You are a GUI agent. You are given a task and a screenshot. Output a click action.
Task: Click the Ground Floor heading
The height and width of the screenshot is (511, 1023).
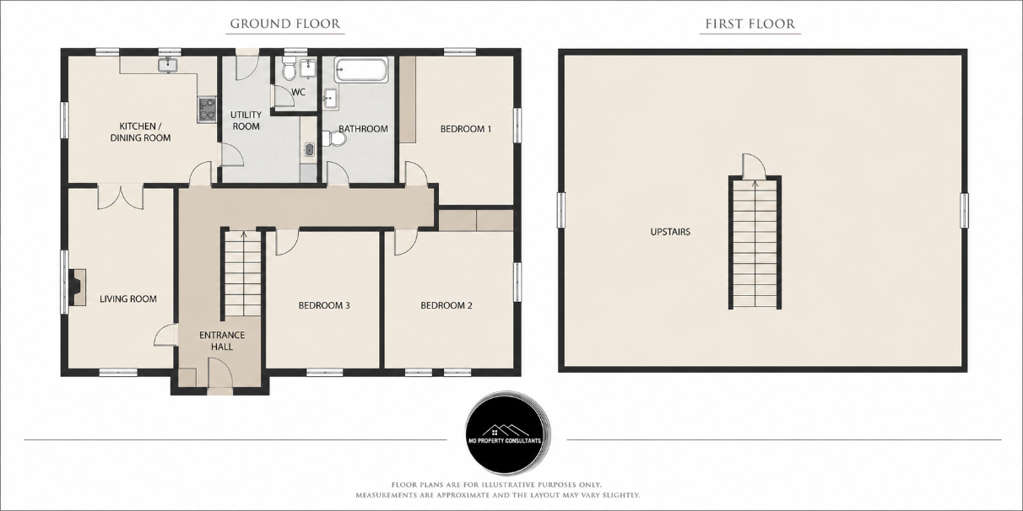coord(285,24)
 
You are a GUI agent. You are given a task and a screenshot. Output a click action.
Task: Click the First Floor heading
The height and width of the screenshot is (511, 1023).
coord(750,24)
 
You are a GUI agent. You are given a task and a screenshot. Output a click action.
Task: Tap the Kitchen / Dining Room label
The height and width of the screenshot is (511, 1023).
coord(140,132)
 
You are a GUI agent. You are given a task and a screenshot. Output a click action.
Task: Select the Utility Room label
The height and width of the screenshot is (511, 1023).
coord(246,121)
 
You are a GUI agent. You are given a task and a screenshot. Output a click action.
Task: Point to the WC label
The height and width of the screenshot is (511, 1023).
coord(298,92)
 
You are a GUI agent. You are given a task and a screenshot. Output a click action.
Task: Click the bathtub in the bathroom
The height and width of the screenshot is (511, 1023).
coord(360,69)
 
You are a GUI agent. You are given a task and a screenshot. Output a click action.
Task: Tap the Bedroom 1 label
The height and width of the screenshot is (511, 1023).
coord(465,129)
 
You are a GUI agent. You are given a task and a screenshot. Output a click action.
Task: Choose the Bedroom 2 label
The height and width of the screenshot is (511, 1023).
coord(447,305)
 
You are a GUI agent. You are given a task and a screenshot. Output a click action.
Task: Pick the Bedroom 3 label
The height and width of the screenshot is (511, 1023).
coord(324,305)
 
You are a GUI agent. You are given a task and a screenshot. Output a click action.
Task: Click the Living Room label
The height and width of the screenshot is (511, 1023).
coord(128,299)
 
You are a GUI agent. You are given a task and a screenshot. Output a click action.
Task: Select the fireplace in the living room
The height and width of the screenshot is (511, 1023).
coord(77,287)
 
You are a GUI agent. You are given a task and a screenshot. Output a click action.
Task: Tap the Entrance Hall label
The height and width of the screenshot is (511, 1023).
coord(222,341)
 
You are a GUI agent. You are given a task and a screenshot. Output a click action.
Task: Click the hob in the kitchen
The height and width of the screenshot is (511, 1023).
coord(207,110)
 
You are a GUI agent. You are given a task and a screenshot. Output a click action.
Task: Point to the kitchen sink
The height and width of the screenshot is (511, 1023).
coord(169,65)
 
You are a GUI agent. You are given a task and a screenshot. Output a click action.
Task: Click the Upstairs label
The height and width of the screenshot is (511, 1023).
coord(670,232)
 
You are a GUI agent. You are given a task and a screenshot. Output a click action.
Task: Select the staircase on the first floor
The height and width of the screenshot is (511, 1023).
coord(755,243)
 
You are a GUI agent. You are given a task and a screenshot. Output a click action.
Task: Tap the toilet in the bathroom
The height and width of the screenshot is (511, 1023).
coord(334,138)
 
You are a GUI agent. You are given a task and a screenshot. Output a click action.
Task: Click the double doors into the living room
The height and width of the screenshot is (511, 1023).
coord(121,196)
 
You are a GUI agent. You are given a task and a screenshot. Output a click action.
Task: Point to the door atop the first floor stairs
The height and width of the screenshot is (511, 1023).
coord(754,166)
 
